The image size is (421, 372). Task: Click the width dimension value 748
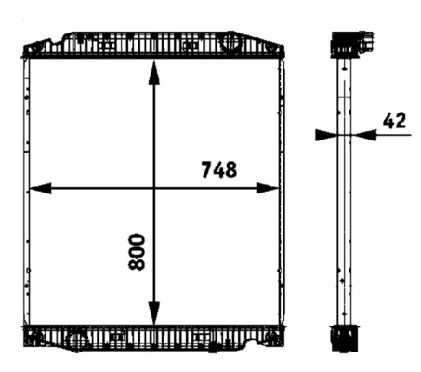click(219, 169)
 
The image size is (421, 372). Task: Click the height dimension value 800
click(138, 251)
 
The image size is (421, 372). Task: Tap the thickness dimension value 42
click(393, 120)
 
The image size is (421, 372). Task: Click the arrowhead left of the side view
click(324, 135)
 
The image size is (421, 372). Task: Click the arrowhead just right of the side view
click(365, 135)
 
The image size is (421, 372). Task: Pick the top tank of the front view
click(154, 45)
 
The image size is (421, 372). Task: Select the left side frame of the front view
click(27, 191)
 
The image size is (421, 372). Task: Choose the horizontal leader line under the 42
click(395, 135)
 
